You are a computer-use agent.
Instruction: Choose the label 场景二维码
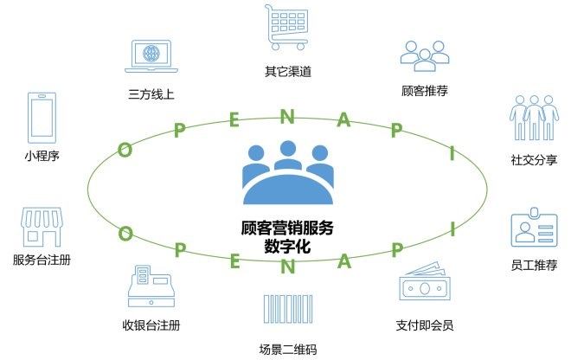tap(287, 349)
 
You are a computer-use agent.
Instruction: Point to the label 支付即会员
tap(424, 325)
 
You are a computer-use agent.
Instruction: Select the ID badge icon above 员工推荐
tap(533, 230)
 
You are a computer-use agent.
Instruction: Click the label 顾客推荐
tap(425, 89)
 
